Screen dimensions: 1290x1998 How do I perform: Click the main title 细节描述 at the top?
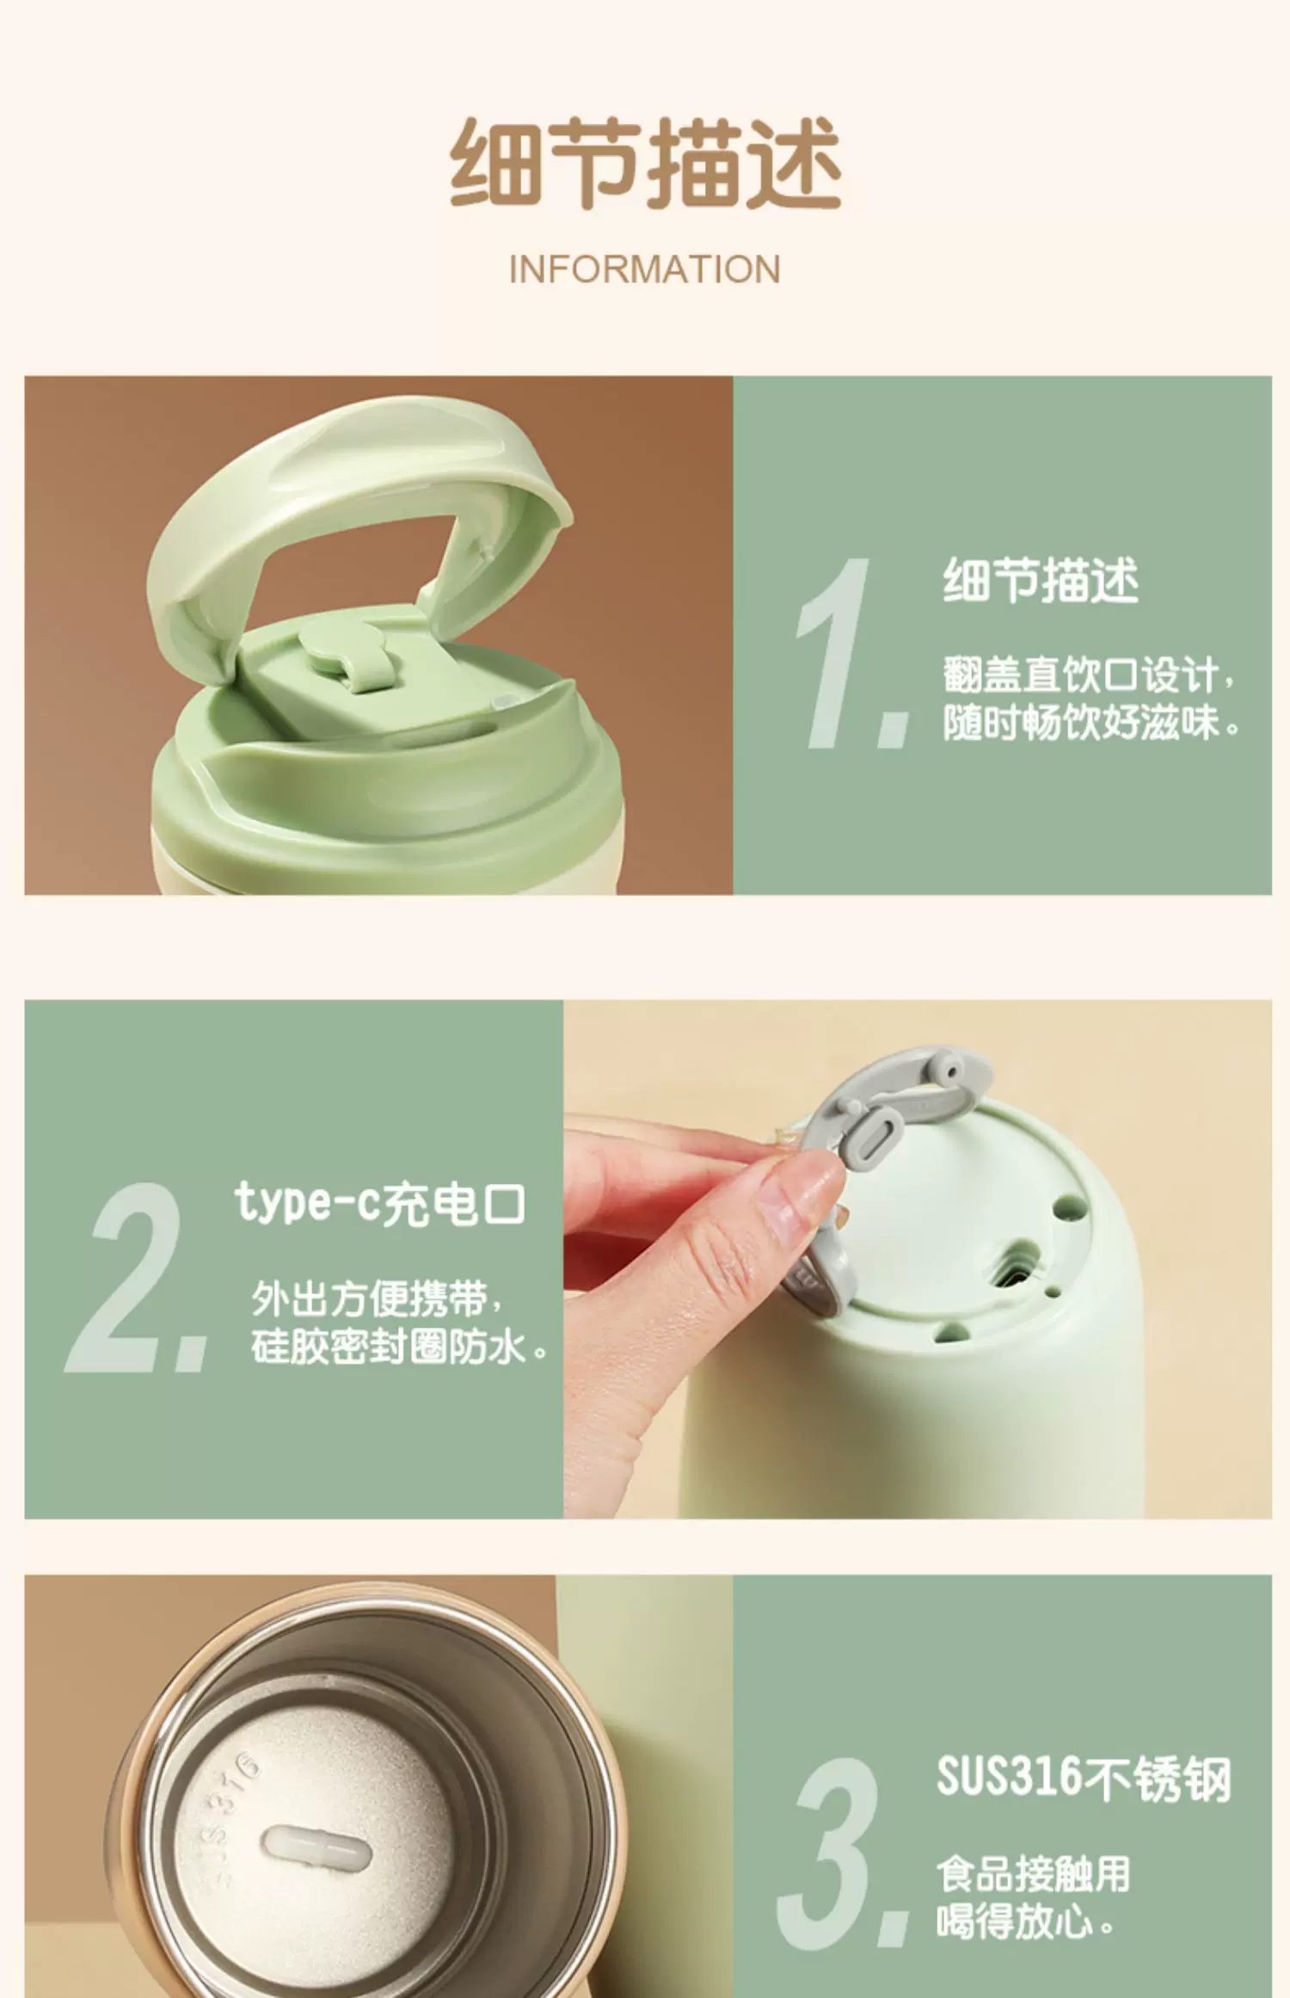pyautogui.click(x=645, y=163)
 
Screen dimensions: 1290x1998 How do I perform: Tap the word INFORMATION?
pyautogui.click(x=645, y=269)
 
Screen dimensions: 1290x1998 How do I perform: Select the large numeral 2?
pyautogui.click(x=138, y=1277)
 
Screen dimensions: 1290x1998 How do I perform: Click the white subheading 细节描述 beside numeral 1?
pyautogui.click(x=1041, y=581)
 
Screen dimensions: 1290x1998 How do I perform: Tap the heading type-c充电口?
pyautogui.click(x=379, y=1203)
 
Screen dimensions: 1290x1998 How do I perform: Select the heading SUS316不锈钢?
pyautogui.click(x=1084, y=1776)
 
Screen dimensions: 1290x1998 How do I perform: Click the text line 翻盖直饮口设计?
pyautogui.click(x=1089, y=675)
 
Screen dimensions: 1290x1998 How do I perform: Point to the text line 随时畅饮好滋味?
pyautogui.click(x=1092, y=723)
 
